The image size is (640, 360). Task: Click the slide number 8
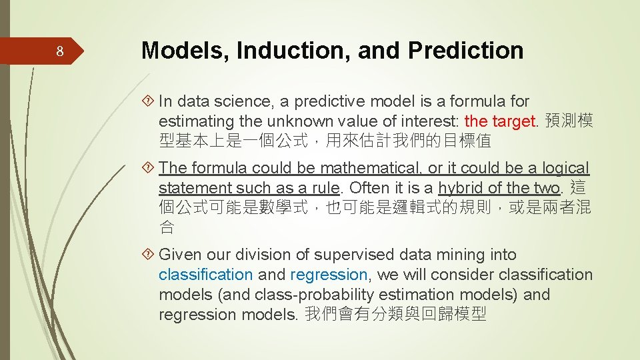(x=59, y=52)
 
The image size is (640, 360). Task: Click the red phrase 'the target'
(x=499, y=121)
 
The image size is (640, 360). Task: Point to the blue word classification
(x=205, y=275)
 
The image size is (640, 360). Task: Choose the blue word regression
(x=329, y=275)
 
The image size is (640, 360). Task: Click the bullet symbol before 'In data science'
(x=149, y=102)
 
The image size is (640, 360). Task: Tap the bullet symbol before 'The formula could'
(x=149, y=169)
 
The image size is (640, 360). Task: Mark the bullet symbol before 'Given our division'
(x=149, y=255)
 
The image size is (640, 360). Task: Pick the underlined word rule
(x=325, y=188)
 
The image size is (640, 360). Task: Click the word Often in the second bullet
(x=365, y=188)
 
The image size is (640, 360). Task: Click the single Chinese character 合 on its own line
(x=167, y=227)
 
